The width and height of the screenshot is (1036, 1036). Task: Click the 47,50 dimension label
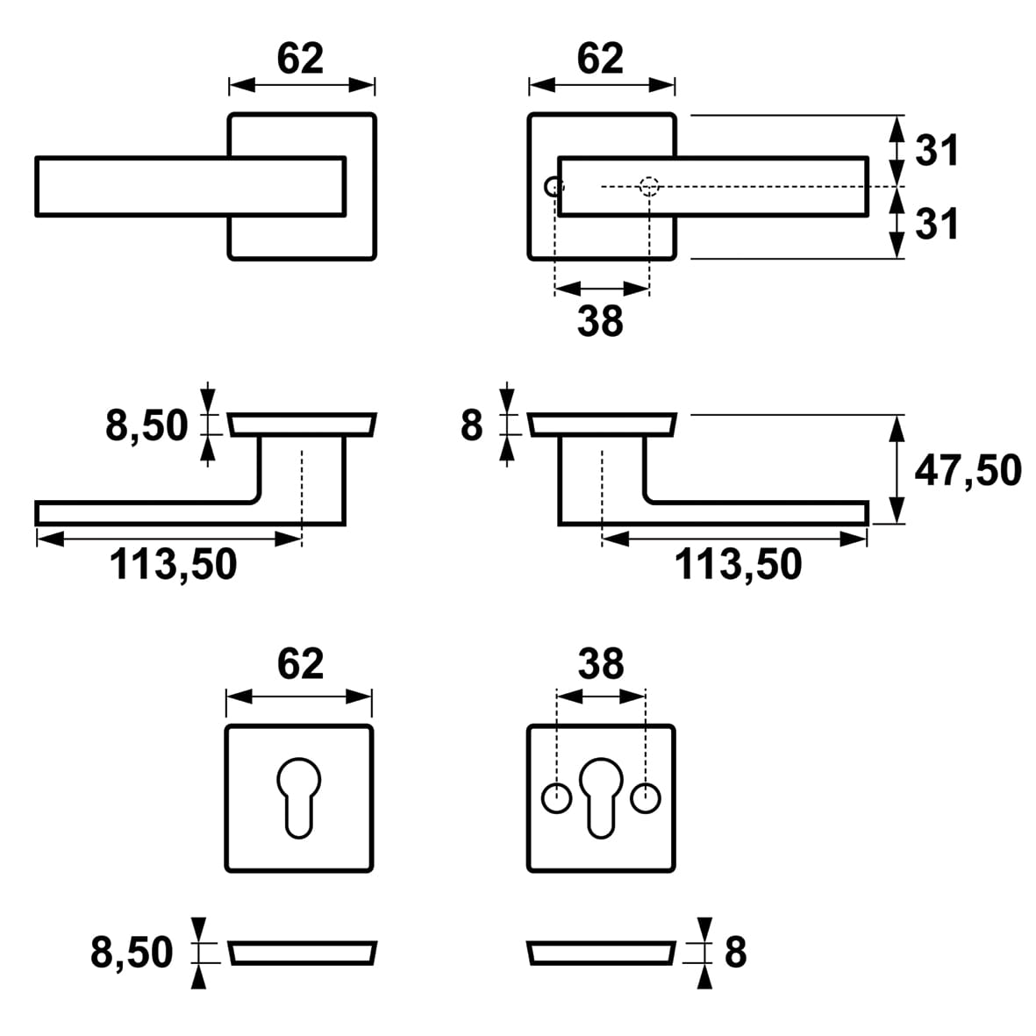(968, 471)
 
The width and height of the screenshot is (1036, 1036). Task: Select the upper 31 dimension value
(938, 151)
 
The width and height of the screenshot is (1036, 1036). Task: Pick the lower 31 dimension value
(938, 225)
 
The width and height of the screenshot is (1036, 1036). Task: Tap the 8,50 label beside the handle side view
(146, 426)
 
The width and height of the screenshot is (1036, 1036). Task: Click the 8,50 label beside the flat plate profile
(132, 952)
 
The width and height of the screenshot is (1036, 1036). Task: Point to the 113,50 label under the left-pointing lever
(173, 564)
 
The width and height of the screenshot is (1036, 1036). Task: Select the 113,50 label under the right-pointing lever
(738, 564)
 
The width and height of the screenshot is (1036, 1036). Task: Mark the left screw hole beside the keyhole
(555, 799)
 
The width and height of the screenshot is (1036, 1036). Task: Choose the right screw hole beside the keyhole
(647, 799)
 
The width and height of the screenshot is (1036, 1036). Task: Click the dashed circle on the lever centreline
(648, 187)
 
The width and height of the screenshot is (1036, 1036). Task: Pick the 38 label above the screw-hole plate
(601, 664)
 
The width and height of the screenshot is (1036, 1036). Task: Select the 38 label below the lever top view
(600, 321)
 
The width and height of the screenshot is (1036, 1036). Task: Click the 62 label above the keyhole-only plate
(300, 664)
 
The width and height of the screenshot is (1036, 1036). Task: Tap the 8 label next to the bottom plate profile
(735, 952)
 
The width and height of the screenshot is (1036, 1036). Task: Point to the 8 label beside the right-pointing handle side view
(471, 426)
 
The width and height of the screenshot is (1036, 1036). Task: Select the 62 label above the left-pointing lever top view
(300, 59)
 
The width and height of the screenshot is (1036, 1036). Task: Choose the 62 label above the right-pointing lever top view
(600, 59)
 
